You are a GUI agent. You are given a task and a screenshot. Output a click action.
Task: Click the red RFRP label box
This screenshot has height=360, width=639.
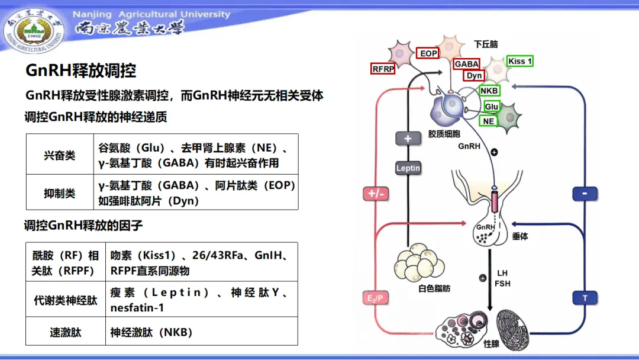pos(382,69)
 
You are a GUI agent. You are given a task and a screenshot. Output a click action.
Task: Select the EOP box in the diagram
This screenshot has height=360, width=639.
pos(428,53)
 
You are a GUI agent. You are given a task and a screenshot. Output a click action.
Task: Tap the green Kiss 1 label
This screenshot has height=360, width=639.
pos(520,61)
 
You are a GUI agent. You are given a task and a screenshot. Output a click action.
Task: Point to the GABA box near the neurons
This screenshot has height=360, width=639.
pos(466,64)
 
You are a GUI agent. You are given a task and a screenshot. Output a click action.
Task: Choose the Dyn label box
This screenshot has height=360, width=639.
pos(474,75)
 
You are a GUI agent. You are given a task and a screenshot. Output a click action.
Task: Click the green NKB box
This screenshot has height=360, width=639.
pos(489,91)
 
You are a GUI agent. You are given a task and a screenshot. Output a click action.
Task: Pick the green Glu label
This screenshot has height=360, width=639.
pos(492,106)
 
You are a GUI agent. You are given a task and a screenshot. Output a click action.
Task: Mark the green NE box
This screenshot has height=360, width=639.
pos(488,121)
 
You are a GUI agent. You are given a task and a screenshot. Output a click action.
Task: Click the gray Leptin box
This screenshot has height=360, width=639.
pos(408,168)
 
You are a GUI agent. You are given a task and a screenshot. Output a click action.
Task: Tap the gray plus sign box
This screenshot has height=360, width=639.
pos(408,139)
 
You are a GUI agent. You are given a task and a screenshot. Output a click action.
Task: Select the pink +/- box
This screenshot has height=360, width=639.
pos(376,194)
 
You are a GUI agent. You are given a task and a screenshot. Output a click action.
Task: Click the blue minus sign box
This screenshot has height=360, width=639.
pos(585,194)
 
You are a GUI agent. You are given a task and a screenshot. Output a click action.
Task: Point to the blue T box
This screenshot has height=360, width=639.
pos(585,298)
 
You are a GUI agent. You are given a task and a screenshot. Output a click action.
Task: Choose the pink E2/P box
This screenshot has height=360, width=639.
pos(375,298)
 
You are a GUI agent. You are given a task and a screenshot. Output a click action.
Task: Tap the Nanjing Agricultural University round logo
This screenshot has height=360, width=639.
pos(34,30)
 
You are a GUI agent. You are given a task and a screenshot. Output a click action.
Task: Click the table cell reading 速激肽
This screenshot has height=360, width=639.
pos(65,332)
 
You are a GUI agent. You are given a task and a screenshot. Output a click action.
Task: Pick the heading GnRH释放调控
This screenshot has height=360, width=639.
pos(80,70)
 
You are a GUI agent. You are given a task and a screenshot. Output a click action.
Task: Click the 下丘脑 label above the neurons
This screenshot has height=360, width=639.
pos(486,44)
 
